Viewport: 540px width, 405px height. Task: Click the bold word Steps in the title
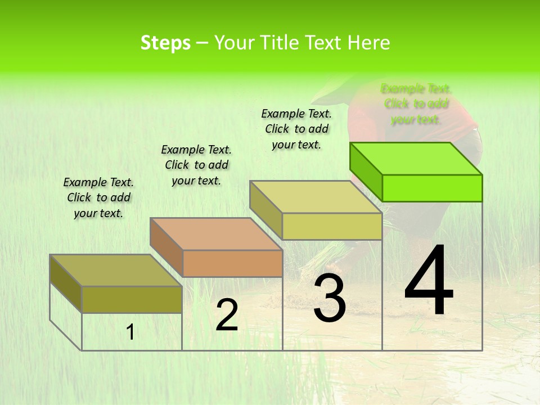[165, 43]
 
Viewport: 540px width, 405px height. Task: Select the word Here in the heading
[368, 43]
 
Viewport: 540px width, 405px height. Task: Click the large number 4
[429, 281]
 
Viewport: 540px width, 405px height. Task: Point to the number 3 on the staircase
[330, 299]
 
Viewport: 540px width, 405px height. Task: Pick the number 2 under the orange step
[227, 315]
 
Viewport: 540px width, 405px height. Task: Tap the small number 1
[130, 332]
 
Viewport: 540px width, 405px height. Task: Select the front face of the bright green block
[432, 188]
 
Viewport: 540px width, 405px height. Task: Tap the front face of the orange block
[232, 263]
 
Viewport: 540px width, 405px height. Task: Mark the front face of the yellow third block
[332, 226]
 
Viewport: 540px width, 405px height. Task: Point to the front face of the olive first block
[132, 299]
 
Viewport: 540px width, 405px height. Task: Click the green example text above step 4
[416, 104]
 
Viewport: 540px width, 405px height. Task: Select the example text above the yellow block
[296, 129]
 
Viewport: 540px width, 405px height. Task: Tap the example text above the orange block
[196, 165]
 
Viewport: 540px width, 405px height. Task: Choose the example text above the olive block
[98, 197]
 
